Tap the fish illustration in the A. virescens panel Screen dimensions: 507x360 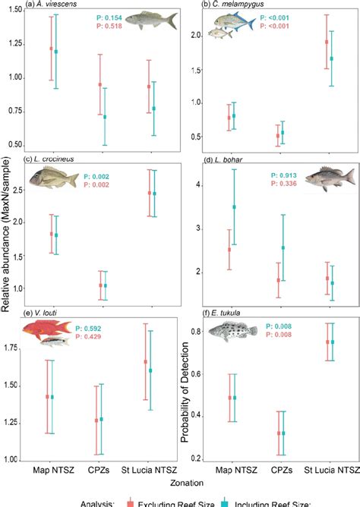[152, 20]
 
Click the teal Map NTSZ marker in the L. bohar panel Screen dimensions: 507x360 [234, 207]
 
